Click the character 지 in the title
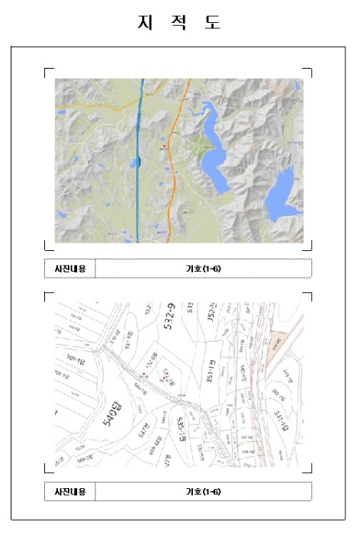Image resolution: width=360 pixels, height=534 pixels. click(x=143, y=23)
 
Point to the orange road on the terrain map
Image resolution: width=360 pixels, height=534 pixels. click(x=174, y=175)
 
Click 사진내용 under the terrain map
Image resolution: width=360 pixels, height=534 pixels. click(x=70, y=269)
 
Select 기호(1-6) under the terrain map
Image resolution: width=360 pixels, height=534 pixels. click(x=203, y=269)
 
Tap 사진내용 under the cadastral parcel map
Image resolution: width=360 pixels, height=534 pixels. click(x=70, y=491)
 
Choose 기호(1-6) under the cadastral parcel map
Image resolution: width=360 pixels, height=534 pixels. click(x=203, y=491)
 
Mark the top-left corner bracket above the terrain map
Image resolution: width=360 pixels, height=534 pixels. click(x=49, y=72)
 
